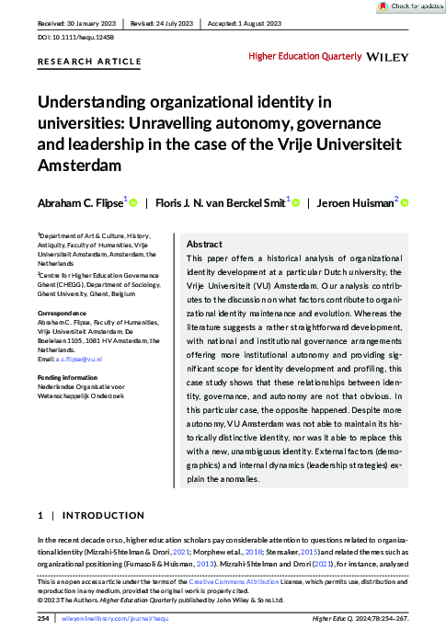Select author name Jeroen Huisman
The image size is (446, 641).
coord(354,202)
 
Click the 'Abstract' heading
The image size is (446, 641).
coord(204,245)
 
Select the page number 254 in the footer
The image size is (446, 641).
coord(42,619)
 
